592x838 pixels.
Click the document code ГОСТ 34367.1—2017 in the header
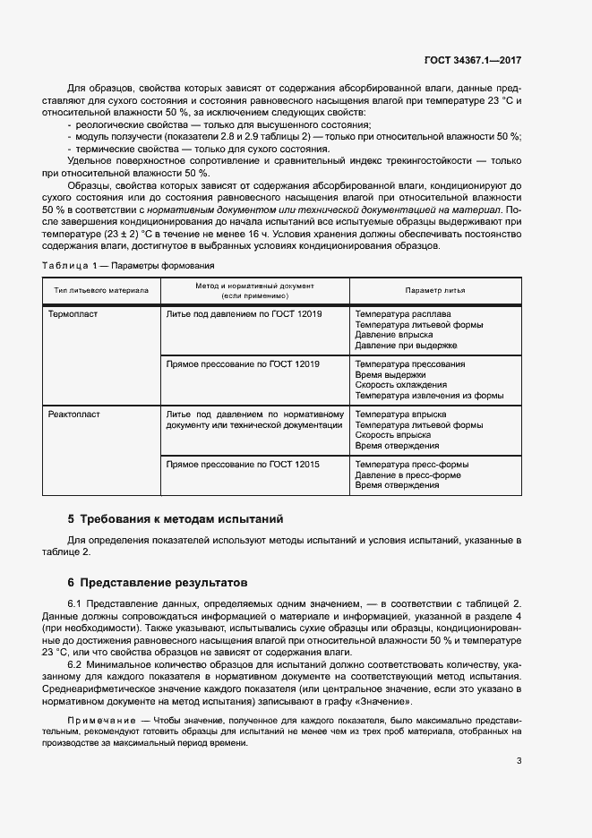(473, 60)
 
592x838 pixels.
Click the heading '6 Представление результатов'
(157, 581)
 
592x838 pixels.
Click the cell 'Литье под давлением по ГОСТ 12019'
(245, 314)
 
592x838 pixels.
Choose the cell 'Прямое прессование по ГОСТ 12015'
(244, 465)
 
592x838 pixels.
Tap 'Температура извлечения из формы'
(429, 395)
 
